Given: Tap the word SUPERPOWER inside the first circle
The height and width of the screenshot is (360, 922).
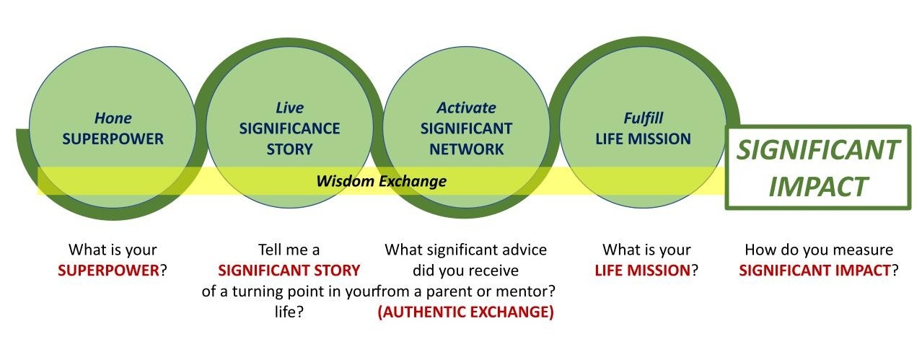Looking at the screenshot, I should [x=113, y=139].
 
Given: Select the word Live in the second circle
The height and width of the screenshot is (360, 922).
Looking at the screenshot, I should [x=289, y=108].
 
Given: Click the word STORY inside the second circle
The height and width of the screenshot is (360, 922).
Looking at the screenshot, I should [x=289, y=149].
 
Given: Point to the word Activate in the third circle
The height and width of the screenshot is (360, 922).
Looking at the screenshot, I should [x=466, y=108].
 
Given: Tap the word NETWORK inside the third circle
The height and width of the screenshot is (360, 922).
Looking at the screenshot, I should [x=466, y=149].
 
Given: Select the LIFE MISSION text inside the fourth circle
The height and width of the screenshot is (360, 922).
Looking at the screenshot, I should [x=643, y=139].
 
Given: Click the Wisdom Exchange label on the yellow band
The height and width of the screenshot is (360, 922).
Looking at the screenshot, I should [x=381, y=181].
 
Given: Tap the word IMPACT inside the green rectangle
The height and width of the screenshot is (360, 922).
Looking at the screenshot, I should [x=817, y=186].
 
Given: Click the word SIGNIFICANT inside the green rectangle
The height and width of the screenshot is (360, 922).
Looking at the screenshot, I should [x=817, y=151].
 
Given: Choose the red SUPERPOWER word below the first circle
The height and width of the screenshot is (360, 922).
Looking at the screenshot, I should [x=108, y=271].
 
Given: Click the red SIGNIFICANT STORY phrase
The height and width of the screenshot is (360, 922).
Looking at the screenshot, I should [x=289, y=271].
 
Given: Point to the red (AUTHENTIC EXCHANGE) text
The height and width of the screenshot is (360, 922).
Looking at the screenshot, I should [x=465, y=313].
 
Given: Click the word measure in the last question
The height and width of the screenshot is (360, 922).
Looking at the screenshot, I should [x=866, y=250].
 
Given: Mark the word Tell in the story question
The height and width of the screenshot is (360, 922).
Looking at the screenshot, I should [x=273, y=250].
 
